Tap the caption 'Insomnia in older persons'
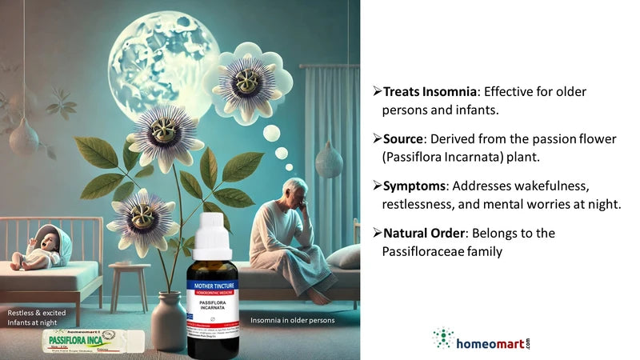click(292, 321)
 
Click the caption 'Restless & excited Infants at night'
click(40, 316)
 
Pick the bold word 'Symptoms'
click(415, 186)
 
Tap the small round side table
click(128, 272)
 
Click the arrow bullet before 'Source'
click(377, 139)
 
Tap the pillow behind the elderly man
click(343, 255)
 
